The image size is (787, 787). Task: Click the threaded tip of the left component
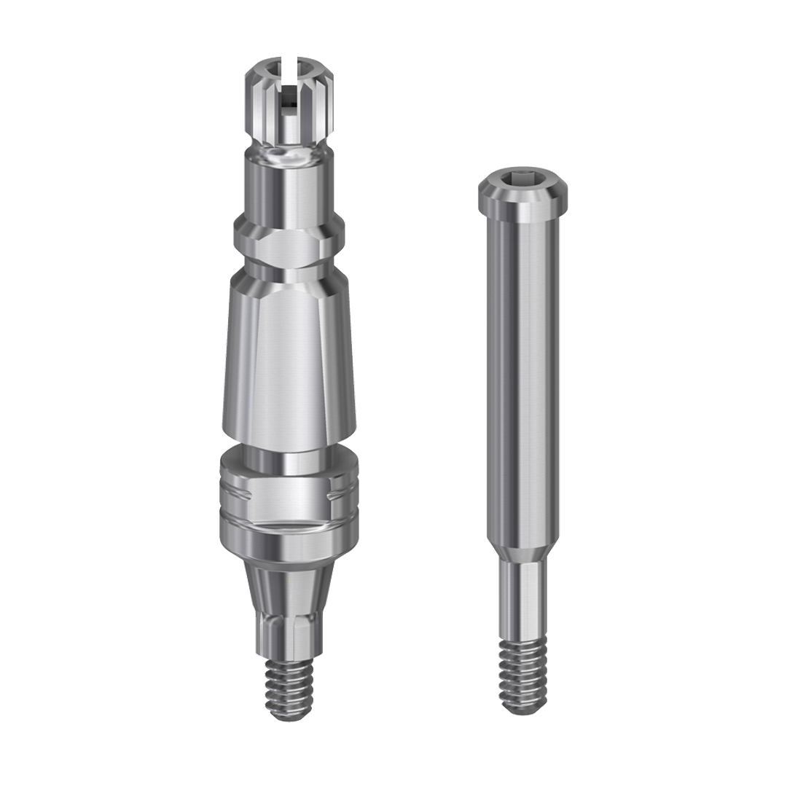pos(289,689)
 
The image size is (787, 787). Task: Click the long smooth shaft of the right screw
pos(523,364)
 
